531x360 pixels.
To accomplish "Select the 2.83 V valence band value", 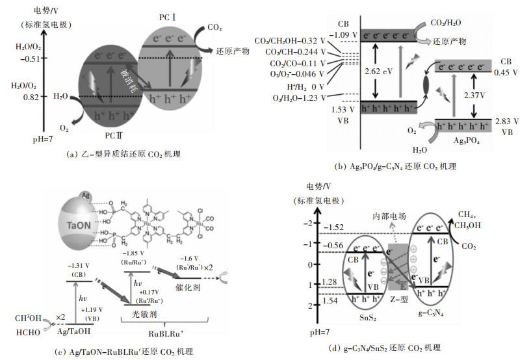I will (x=507, y=121).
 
